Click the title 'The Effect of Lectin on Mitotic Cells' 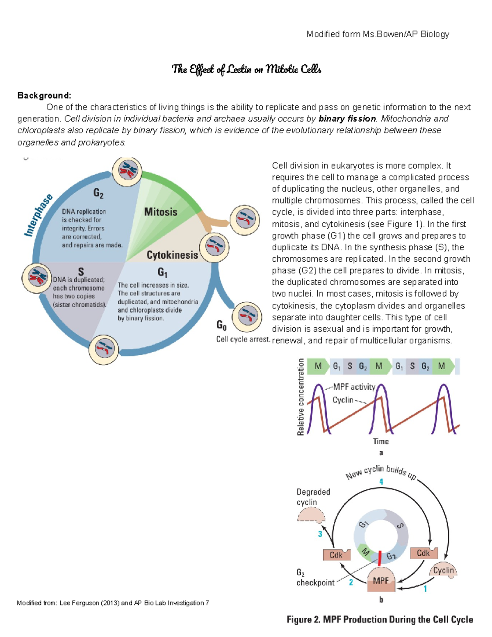pos(246,69)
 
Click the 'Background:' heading pos(44,96)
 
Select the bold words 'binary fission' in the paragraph pos(347,119)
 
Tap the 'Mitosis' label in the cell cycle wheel pos(161,212)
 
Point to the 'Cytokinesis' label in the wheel pos(172,255)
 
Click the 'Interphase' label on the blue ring pos(39,215)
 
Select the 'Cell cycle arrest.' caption pos(243,339)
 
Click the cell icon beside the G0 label pos(247,316)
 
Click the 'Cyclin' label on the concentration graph pos(343,400)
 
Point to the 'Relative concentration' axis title pos(301,397)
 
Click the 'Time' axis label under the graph pos(380,441)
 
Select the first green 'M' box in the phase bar pos(318,366)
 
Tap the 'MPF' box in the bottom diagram pos(381,581)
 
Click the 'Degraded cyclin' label pos(313,497)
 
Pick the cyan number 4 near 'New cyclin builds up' pos(381,482)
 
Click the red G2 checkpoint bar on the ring pos(380,557)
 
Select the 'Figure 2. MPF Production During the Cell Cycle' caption pos(380,619)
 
